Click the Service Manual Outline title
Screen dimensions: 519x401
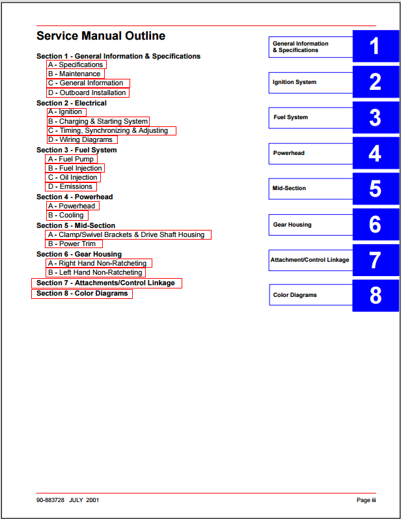pyautogui.click(x=101, y=36)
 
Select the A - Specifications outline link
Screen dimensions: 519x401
pyautogui.click(x=76, y=64)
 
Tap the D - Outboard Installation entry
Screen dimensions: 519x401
pyautogui.click(x=87, y=92)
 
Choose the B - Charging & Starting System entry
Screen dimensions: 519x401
pyautogui.click(x=98, y=121)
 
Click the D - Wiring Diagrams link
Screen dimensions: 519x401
pyautogui.click(x=81, y=139)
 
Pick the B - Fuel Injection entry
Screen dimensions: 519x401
pyautogui.click(x=75, y=168)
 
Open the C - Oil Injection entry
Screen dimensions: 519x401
pyautogui.click(x=73, y=177)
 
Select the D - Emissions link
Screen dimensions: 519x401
pyautogui.click(x=71, y=186)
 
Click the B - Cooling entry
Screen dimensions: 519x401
pyautogui.click(x=66, y=215)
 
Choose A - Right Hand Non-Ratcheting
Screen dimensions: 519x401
pyautogui.click(x=98, y=263)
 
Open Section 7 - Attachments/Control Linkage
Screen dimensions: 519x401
pyautogui.click(x=106, y=283)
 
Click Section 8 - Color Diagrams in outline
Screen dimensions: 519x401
pyautogui.click(x=82, y=294)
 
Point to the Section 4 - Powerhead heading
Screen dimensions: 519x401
pyautogui.click(x=74, y=197)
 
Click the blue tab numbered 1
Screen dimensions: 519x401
pyautogui.click(x=375, y=46)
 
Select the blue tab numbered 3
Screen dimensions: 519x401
pyautogui.click(x=375, y=117)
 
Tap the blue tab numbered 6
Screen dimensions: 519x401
pyautogui.click(x=375, y=224)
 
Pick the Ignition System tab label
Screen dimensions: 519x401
pyautogui.click(x=295, y=83)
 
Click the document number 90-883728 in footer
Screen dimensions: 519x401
pyautogui.click(x=50, y=500)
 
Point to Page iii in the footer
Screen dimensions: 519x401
pyautogui.click(x=366, y=500)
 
